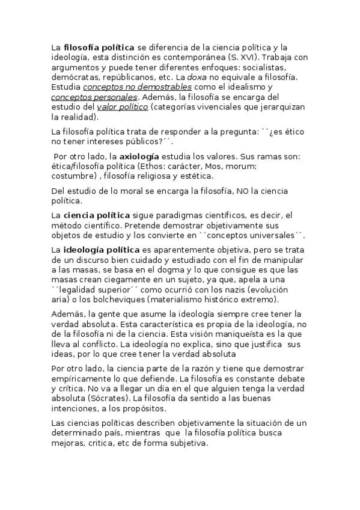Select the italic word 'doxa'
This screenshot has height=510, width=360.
coord(210,78)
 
